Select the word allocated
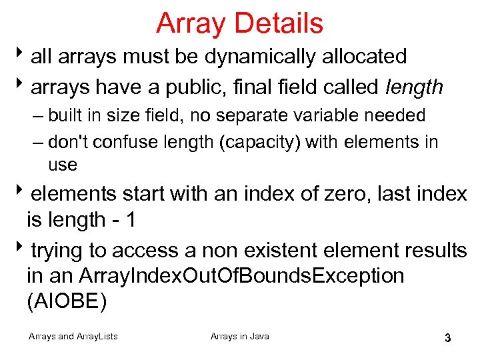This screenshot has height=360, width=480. coord(365,57)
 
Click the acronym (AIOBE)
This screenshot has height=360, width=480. coord(66,301)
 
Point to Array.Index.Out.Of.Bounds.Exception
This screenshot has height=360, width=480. coord(241,275)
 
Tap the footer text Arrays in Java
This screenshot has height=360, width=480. coord(240,336)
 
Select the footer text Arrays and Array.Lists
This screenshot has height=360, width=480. coord(73,336)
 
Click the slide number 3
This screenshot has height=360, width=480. coord(448,337)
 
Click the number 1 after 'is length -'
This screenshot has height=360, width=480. coord(129,220)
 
